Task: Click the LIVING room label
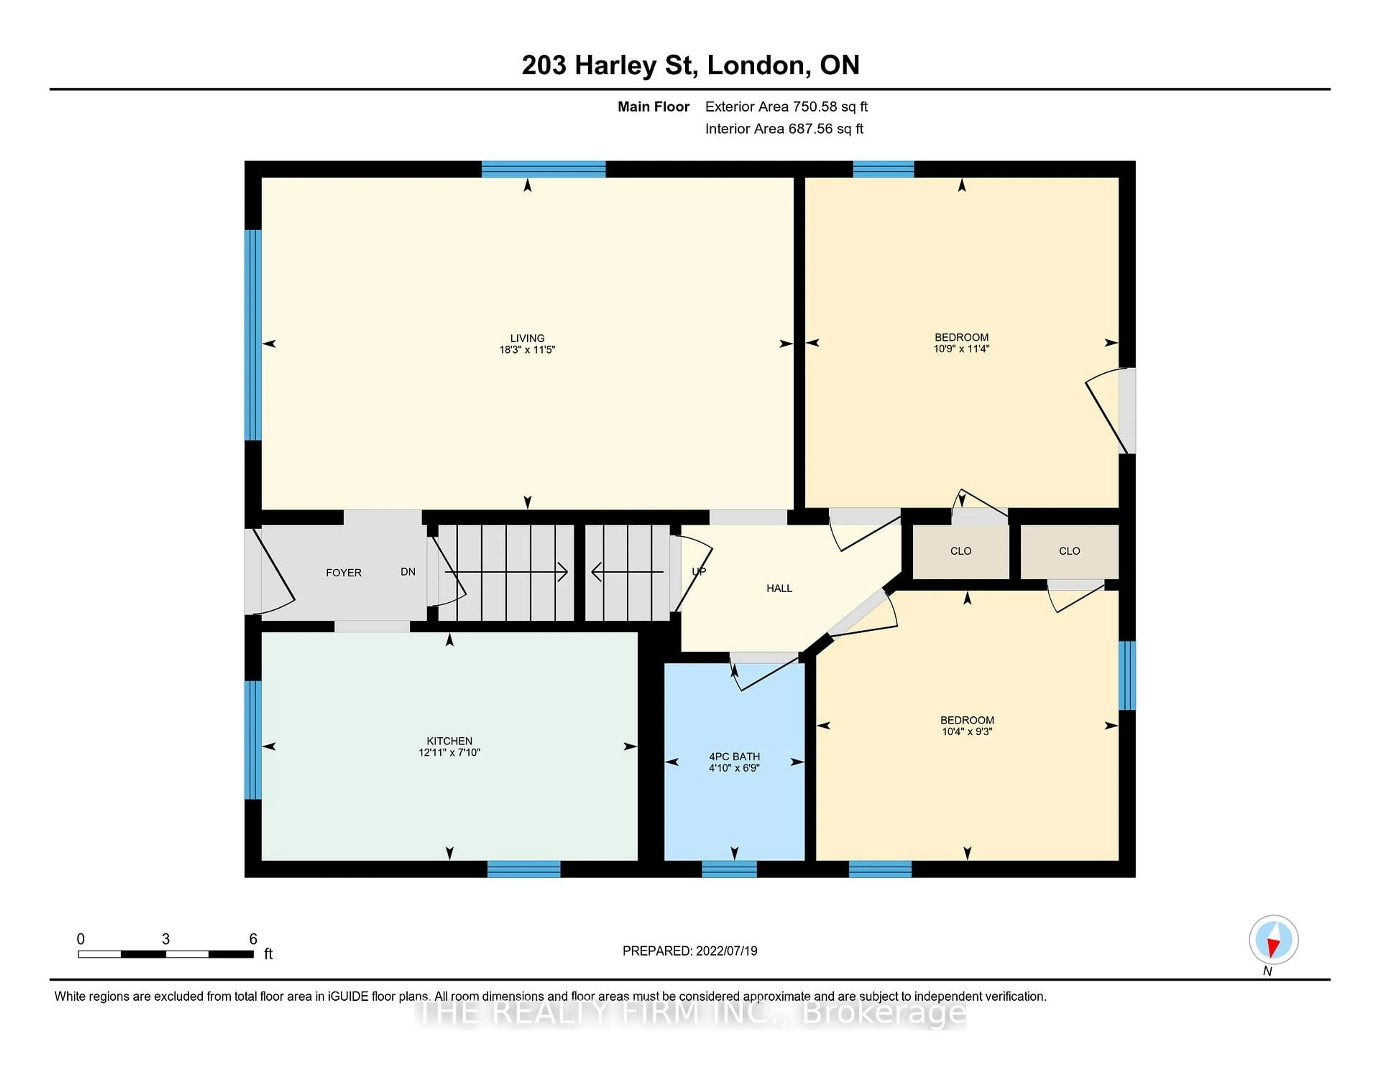(527, 338)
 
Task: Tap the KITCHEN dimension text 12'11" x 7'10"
(449, 752)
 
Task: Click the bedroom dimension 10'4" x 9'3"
(967, 731)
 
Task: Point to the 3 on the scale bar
(166, 939)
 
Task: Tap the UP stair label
(698, 571)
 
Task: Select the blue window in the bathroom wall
(729, 869)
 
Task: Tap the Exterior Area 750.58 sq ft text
(786, 107)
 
